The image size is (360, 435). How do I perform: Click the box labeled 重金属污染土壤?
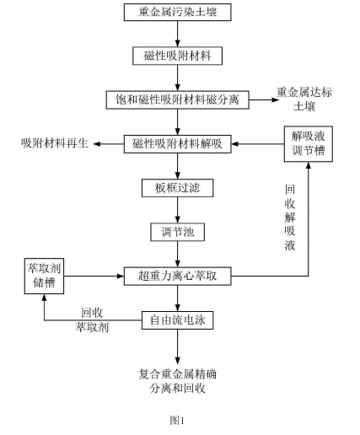click(177, 13)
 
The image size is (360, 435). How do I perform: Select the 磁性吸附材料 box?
click(177, 55)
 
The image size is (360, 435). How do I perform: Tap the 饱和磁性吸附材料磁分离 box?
click(177, 99)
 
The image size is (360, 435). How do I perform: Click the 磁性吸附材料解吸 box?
click(177, 142)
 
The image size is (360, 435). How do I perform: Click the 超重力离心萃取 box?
click(177, 275)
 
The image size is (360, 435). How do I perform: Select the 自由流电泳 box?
click(177, 320)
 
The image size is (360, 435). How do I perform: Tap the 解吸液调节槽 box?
click(307, 142)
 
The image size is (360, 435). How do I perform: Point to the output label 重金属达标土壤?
click(309, 99)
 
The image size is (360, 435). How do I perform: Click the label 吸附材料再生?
click(51, 142)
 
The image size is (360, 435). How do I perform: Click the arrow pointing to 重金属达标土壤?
click(258, 99)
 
